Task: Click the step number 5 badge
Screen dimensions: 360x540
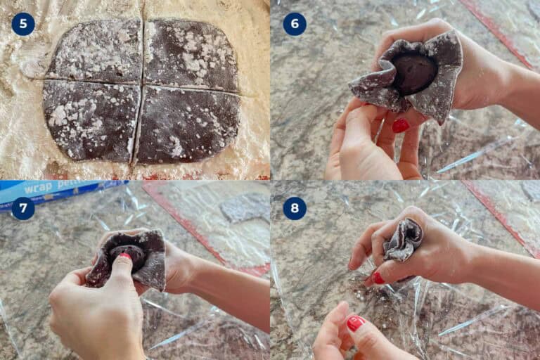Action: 23,24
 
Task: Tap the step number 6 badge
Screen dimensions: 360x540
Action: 295,24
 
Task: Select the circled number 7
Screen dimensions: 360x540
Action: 23,207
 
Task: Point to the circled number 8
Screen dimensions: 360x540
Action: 295,207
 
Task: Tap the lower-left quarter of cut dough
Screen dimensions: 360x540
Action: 90,120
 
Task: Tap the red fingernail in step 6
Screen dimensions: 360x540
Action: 400,126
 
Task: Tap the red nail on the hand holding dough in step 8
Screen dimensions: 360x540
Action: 378,278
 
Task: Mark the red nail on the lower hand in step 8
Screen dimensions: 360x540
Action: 355,323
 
